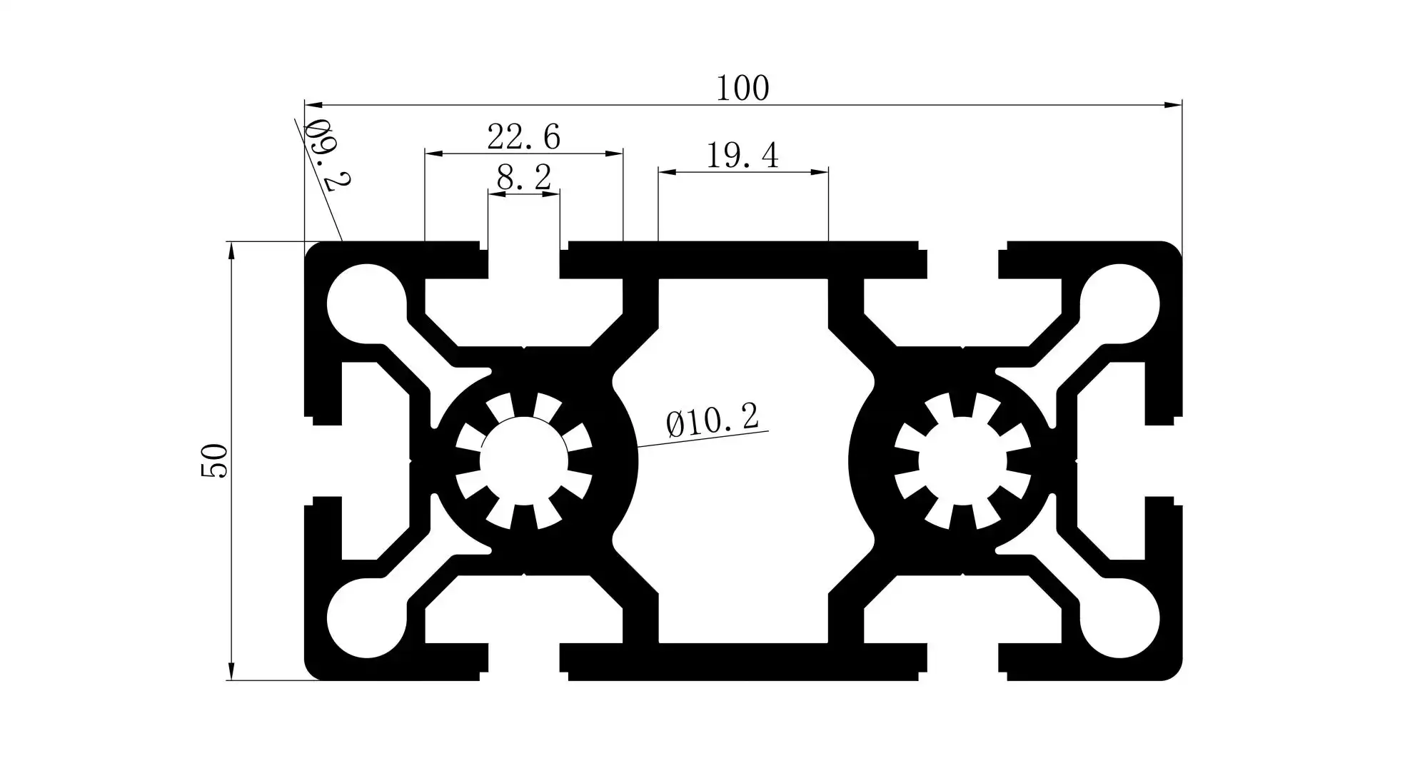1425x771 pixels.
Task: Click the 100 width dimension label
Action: [742, 89]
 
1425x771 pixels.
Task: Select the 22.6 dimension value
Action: [523, 137]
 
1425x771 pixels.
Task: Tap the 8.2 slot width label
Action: [524, 178]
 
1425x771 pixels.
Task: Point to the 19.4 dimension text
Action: [742, 156]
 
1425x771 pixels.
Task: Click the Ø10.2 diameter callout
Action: [712, 420]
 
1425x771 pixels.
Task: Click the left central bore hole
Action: [523, 461]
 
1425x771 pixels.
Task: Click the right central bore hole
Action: [962, 461]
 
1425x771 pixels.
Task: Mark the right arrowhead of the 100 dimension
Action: [1174, 106]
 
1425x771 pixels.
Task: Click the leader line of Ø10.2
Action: [703, 439]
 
